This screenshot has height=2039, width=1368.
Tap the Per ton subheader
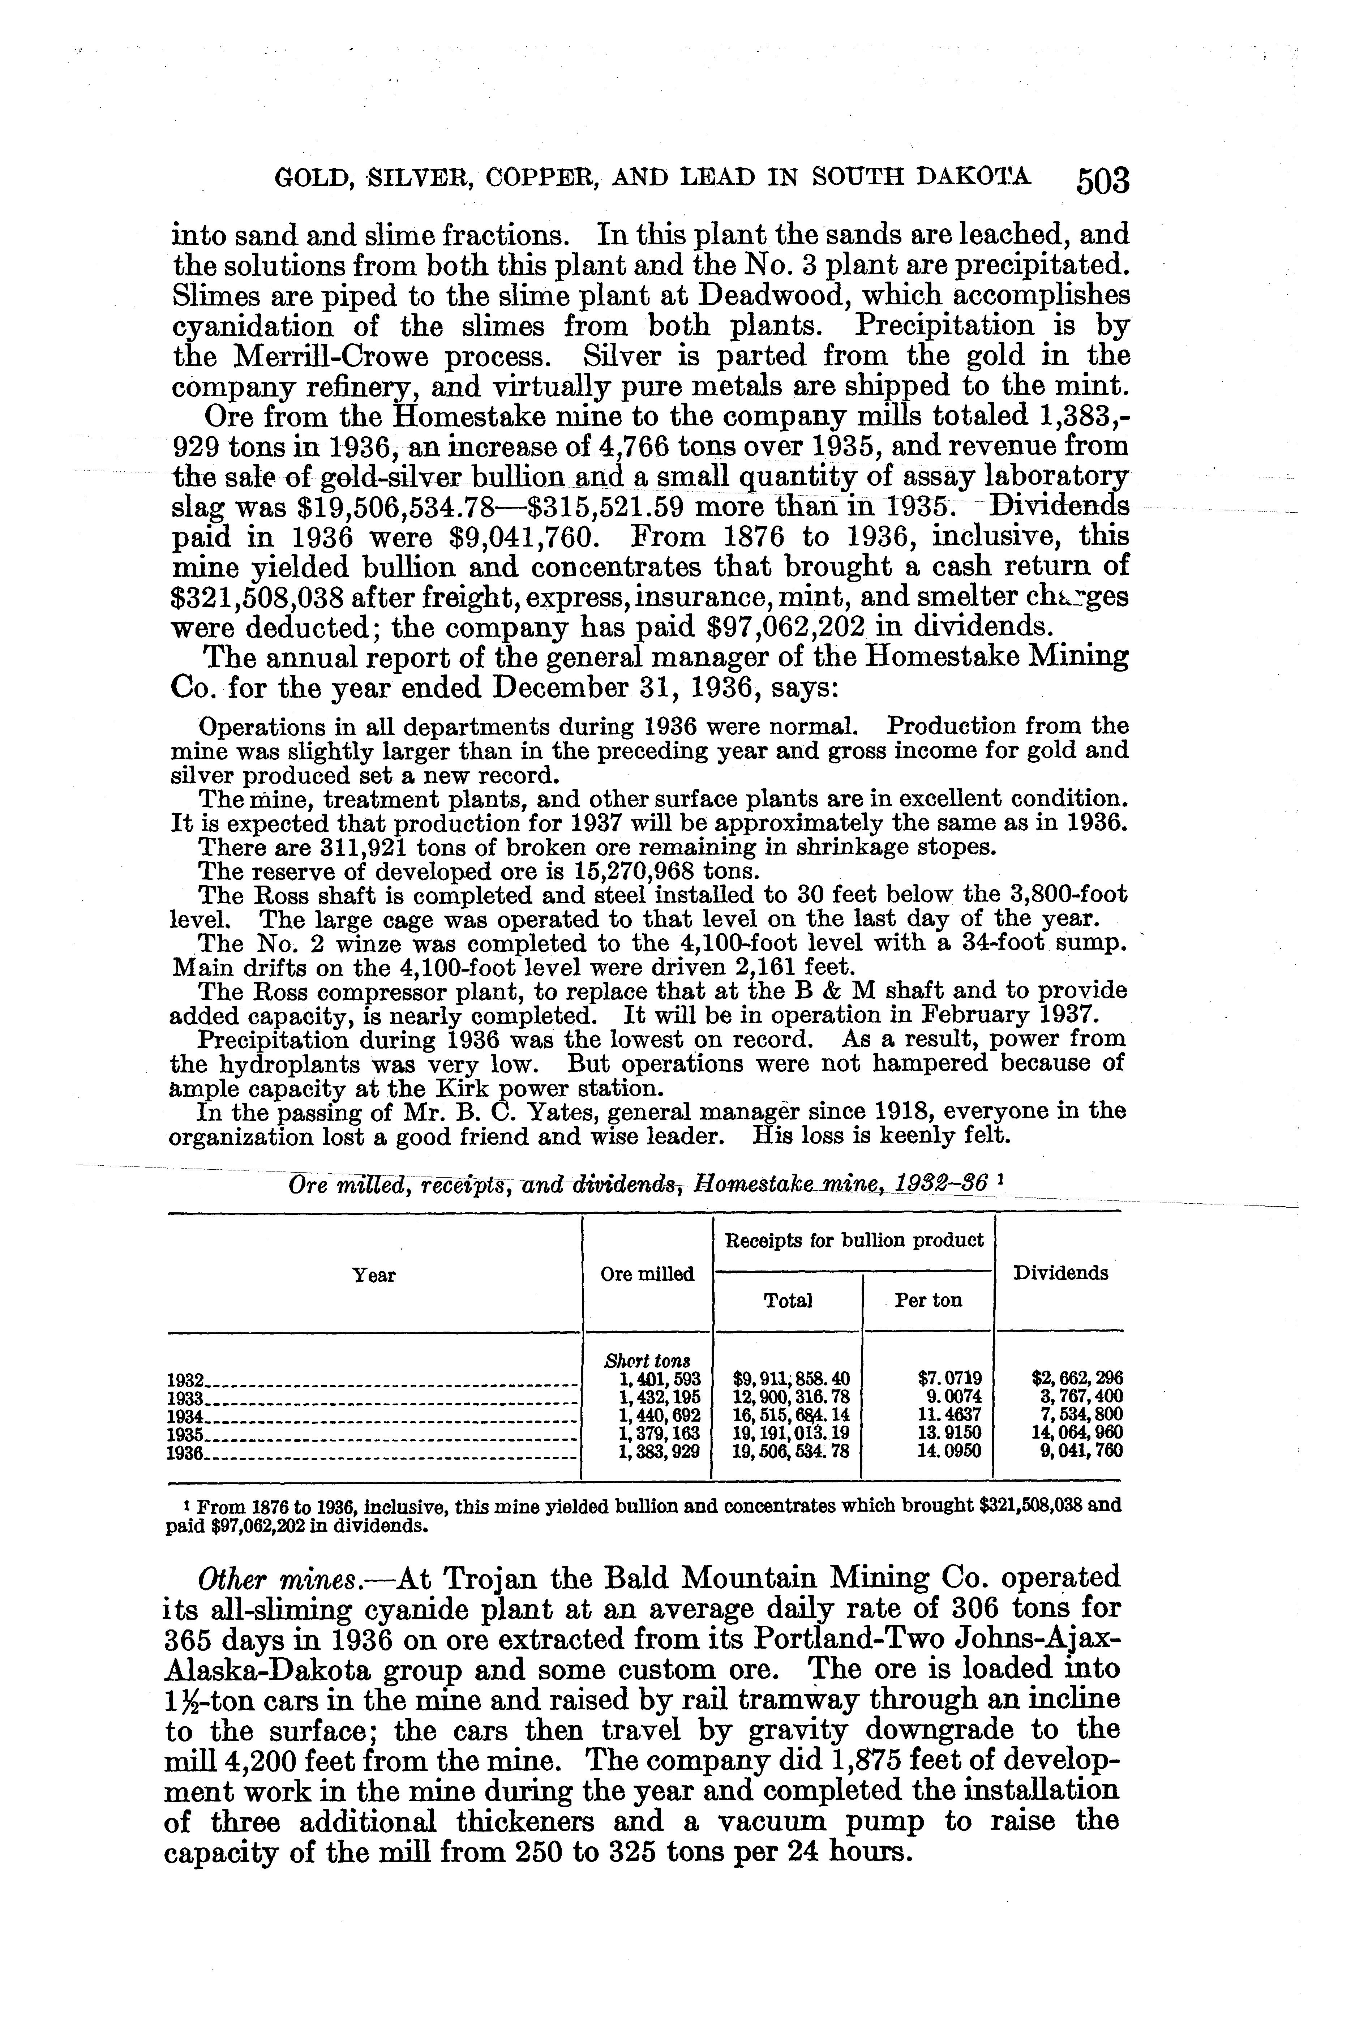pyautogui.click(x=928, y=1301)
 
